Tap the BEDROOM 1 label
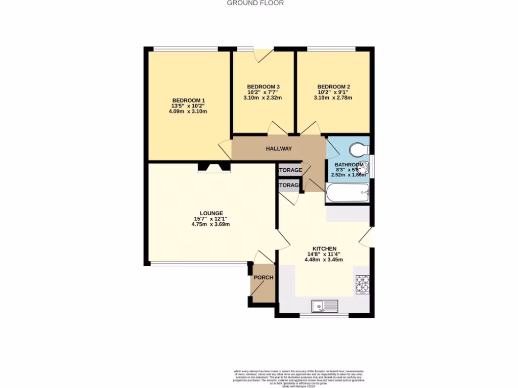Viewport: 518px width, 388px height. pos(188,100)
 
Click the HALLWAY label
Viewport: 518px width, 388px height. pos(279,149)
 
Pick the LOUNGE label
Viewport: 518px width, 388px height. pos(211,213)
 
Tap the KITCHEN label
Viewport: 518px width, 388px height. pos(324,249)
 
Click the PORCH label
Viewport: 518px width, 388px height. pos(263,277)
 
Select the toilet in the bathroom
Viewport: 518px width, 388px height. pos(359,149)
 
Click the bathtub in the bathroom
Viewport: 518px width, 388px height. pos(348,192)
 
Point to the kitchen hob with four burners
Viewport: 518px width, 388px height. pos(362,284)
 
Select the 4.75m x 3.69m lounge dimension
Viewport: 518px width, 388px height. pos(211,224)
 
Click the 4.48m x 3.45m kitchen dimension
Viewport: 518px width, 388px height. pos(324,260)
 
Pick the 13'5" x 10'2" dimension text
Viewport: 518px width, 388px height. pos(188,106)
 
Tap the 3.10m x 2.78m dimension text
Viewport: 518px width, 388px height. pos(333,98)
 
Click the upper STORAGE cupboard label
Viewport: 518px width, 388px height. pos(290,170)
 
